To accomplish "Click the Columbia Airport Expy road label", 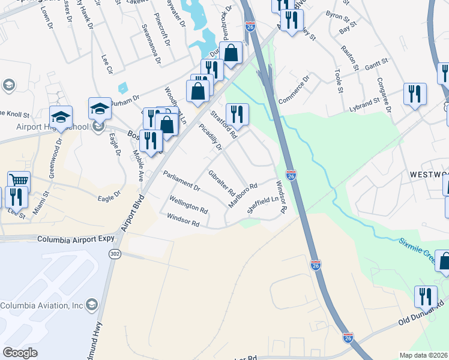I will pos(76,239).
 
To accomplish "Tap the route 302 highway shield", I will pos(115,254).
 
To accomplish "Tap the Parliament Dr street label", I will pos(181,181).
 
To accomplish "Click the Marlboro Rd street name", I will pos(243,196).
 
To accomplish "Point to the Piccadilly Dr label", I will pos(211,137).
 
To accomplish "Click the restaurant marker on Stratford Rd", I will pos(237,113).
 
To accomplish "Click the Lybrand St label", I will pos(362,105).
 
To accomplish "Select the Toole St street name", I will pos(339,82).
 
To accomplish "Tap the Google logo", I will pos(20,353).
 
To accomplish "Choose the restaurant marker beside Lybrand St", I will pos(415,94).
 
